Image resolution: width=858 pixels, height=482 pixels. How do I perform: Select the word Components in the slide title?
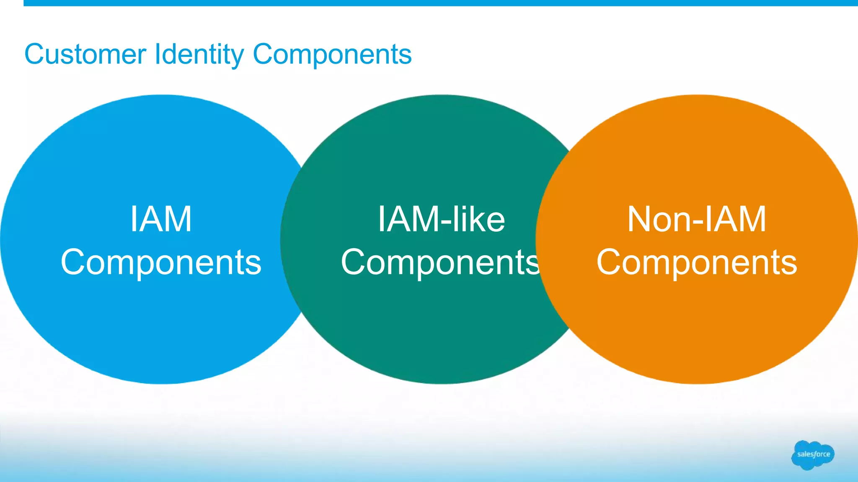332,54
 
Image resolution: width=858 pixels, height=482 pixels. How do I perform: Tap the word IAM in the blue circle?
161,219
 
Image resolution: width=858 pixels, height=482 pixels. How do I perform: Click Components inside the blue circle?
161,262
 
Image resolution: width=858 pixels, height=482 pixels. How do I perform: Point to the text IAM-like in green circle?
441,219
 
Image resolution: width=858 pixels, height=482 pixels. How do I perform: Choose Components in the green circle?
440,262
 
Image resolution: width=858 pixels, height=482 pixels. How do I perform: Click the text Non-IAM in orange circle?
697,219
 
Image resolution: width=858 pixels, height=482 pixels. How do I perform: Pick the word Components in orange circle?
697,262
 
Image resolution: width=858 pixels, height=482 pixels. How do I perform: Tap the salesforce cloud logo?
813,455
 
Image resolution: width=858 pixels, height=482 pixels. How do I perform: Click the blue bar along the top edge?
440,3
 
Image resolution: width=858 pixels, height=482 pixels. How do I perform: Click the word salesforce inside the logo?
814,454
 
